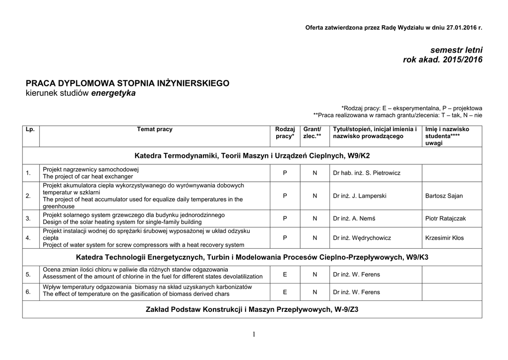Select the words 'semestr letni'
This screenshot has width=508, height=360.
[456, 50]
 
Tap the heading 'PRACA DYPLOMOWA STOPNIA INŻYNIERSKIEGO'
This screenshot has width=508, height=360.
[127, 83]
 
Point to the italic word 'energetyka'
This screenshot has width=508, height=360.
[114, 93]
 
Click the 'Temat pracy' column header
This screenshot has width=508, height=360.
[155, 129]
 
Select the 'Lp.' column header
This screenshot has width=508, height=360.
[30, 129]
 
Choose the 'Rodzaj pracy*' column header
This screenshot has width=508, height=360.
[285, 133]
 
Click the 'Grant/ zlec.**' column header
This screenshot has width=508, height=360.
[312, 133]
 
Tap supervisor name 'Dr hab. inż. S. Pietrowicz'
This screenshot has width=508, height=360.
[367, 173]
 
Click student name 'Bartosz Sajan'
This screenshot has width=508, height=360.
[444, 196]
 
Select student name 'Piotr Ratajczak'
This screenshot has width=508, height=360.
[445, 218]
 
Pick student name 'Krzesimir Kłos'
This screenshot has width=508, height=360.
[444, 238]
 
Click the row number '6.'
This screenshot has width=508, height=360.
[28, 291]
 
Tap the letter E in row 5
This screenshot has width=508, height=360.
[285, 274]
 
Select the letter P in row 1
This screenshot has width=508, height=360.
[285, 173]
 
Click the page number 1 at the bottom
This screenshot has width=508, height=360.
[254, 334]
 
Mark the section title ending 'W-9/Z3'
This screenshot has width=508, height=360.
[252, 309]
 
